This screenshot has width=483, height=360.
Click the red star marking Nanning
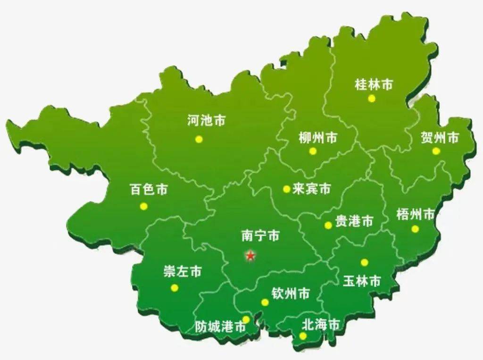coord(250,256)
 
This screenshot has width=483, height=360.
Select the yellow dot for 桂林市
coord(372,98)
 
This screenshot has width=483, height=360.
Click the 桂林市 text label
coord(374,84)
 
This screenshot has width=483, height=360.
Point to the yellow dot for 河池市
coord(199,139)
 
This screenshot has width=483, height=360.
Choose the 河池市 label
coord(206,120)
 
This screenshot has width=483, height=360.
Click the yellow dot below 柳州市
coord(313,151)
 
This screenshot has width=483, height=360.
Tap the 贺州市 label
coord(440,137)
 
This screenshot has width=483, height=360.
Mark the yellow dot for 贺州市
coord(436,151)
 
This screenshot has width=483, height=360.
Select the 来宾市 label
coord(311,189)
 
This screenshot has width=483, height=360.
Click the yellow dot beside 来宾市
coord(286,189)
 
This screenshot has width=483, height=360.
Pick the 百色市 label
coord(149,190)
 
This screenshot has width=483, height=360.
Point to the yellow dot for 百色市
coord(144,206)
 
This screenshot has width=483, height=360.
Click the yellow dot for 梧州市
coord(415,229)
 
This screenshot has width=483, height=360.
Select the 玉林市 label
coord(362,281)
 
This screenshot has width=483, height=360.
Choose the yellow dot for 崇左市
coord(175,288)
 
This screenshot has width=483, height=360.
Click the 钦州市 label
coord(291,293)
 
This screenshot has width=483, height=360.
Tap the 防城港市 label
coord(220,326)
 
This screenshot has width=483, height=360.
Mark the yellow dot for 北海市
coord(303,336)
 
